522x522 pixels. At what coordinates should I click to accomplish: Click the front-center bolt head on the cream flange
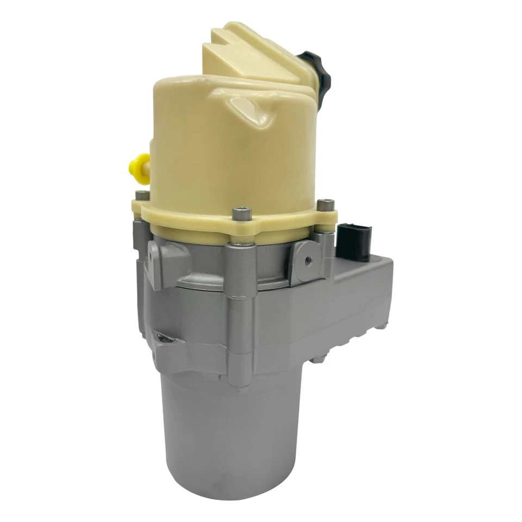[x=241, y=214]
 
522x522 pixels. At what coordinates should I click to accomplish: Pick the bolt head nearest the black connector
[x=325, y=204]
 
